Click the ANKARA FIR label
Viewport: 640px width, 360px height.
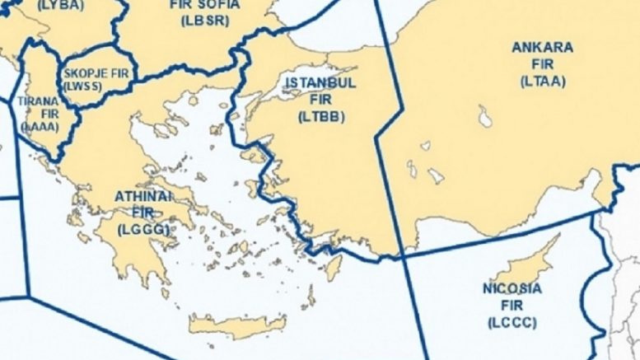pyautogui.click(x=542, y=55)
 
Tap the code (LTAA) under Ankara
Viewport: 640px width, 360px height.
pyautogui.click(x=542, y=80)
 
